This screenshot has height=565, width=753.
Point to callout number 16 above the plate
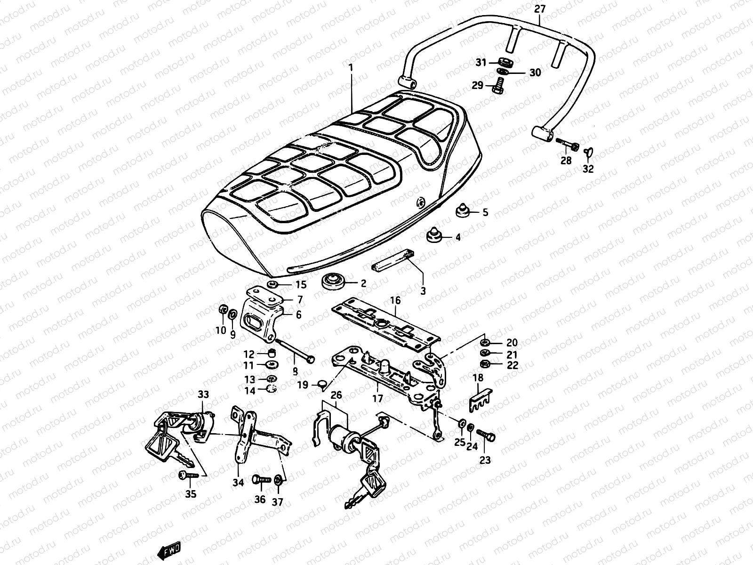(395, 299)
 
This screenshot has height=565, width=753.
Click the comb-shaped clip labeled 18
(480, 398)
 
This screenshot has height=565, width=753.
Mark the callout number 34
(238, 483)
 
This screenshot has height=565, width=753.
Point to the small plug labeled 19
(320, 385)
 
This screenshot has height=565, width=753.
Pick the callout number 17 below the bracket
(377, 399)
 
